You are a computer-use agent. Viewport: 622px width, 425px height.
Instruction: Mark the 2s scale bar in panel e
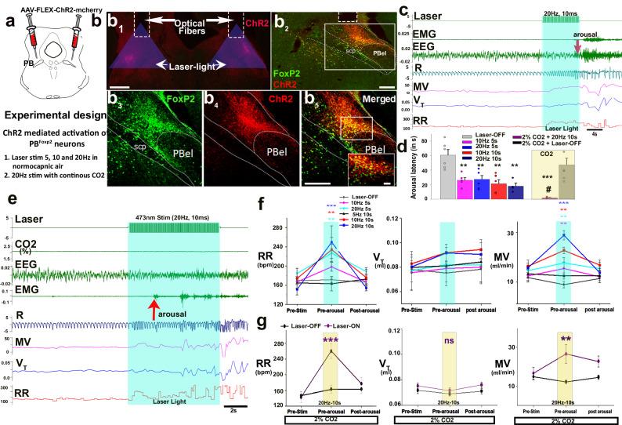click(x=232, y=409)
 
